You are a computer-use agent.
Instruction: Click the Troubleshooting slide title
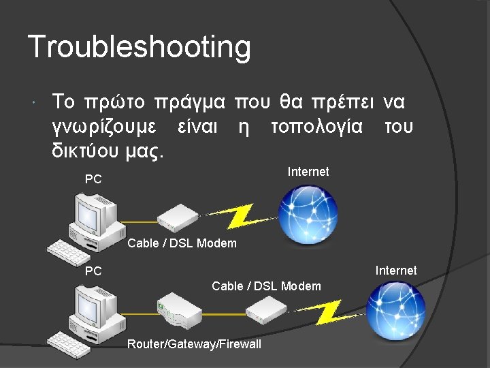[140, 48]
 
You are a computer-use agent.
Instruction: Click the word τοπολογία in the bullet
[316, 127]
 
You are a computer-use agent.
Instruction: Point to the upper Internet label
[308, 172]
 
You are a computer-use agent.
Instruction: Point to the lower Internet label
[396, 271]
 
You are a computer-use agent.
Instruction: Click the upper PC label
[93, 180]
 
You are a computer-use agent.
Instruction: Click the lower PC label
[93, 271]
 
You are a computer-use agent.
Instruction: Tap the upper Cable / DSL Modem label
[182, 243]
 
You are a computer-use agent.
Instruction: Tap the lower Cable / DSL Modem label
[266, 286]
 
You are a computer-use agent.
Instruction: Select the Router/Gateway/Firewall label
[194, 344]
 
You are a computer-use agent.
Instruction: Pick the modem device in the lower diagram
[265, 311]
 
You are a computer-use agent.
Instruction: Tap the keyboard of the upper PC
[69, 251]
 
